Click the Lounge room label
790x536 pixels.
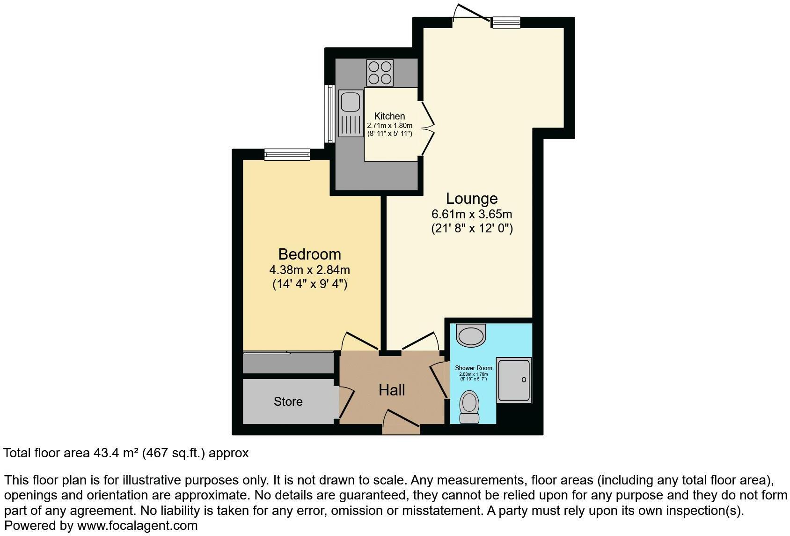[x=471, y=199]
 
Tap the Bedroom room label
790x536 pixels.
[x=309, y=254]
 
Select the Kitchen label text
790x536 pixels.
[x=389, y=116]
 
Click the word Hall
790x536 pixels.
[x=392, y=390]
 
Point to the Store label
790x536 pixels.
[x=288, y=402]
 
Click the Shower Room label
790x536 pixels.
[x=474, y=368]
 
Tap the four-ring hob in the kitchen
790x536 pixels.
[x=380, y=73]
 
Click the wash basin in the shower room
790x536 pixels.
[x=471, y=335]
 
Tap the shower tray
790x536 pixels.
[x=513, y=380]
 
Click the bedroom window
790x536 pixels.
[x=287, y=154]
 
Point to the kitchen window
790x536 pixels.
[x=329, y=114]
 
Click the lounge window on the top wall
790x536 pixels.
[x=506, y=22]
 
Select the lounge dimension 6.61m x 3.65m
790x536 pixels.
[x=471, y=215]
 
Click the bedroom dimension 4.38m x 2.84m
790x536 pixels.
[x=309, y=270]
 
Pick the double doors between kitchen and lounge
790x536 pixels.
[x=427, y=127]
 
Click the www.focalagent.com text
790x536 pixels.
[x=137, y=526]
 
